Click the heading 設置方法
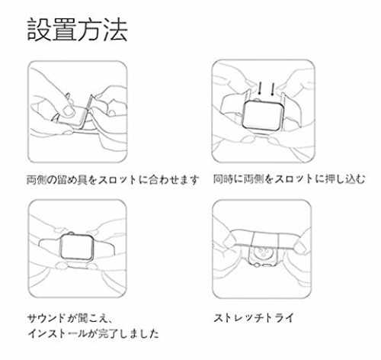(x=77, y=30)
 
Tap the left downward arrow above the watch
(x=260, y=88)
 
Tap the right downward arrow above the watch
(x=273, y=89)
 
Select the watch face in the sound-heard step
(x=77, y=247)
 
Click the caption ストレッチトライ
(x=254, y=318)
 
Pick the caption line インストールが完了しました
(x=93, y=333)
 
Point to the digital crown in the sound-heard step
(x=72, y=233)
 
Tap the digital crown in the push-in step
(x=257, y=100)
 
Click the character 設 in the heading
(x=38, y=30)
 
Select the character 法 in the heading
(x=116, y=30)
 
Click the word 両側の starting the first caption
(x=43, y=180)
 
